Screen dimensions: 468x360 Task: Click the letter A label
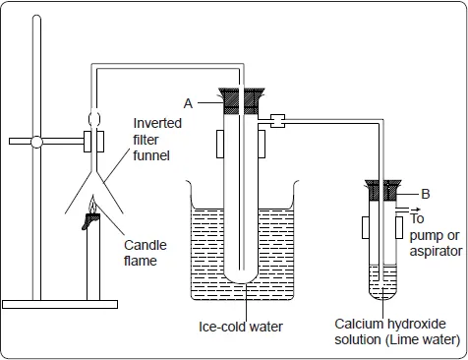(x=188, y=103)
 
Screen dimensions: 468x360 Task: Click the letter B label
(x=426, y=194)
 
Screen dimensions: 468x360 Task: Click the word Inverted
(x=157, y=123)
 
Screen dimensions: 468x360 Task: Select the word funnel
(x=151, y=155)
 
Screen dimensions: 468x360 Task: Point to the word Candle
(x=146, y=245)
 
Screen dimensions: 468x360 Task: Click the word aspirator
(x=436, y=252)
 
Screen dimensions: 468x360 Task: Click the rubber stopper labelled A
(x=241, y=101)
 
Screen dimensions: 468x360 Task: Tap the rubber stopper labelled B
(x=383, y=190)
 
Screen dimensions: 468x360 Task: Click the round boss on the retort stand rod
(x=36, y=142)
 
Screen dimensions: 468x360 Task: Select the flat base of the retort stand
(x=60, y=304)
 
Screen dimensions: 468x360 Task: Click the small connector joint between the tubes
(x=277, y=121)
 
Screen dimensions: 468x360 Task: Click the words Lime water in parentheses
(x=423, y=339)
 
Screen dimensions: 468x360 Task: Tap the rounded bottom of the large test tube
(x=241, y=276)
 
